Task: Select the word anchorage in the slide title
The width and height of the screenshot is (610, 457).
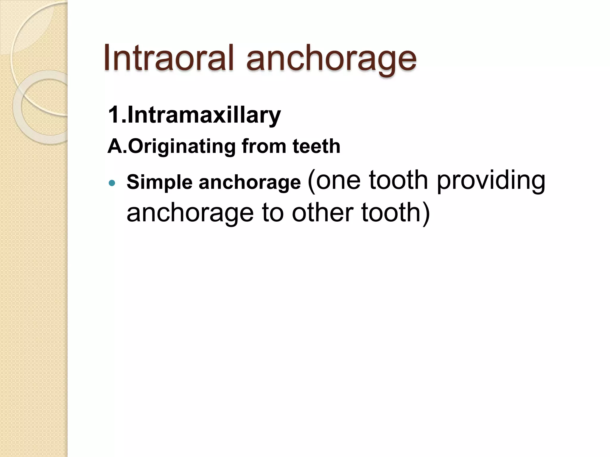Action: (x=331, y=60)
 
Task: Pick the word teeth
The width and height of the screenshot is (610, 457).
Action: (x=316, y=146)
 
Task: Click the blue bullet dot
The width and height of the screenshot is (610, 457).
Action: (x=112, y=183)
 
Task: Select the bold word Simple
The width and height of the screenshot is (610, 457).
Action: (x=159, y=183)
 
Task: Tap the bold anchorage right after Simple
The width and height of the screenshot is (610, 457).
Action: (x=250, y=183)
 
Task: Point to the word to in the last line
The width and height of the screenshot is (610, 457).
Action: (x=273, y=213)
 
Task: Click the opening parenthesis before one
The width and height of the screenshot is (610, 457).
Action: (x=311, y=181)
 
